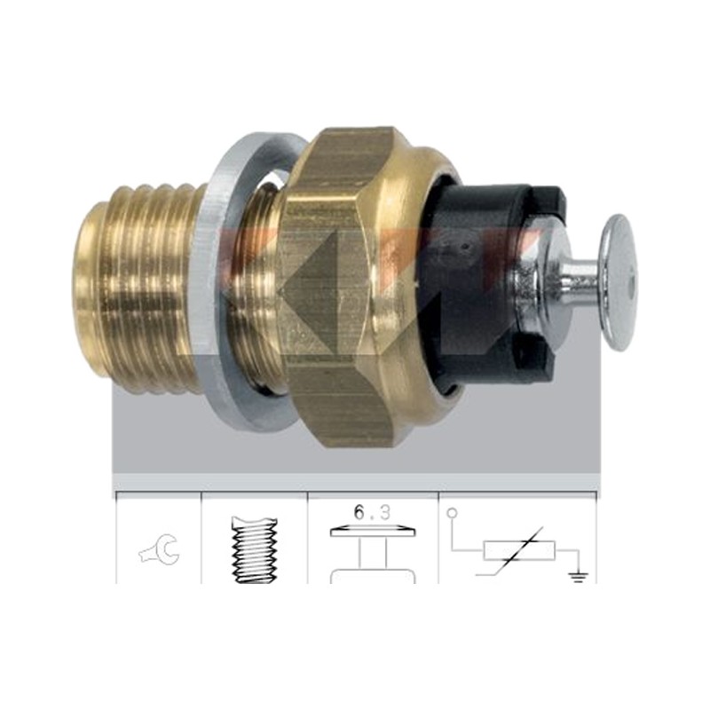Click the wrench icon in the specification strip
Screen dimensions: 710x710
tap(160, 549)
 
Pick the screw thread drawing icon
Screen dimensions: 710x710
tap(255, 549)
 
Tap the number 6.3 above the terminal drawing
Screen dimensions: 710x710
tap(372, 513)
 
